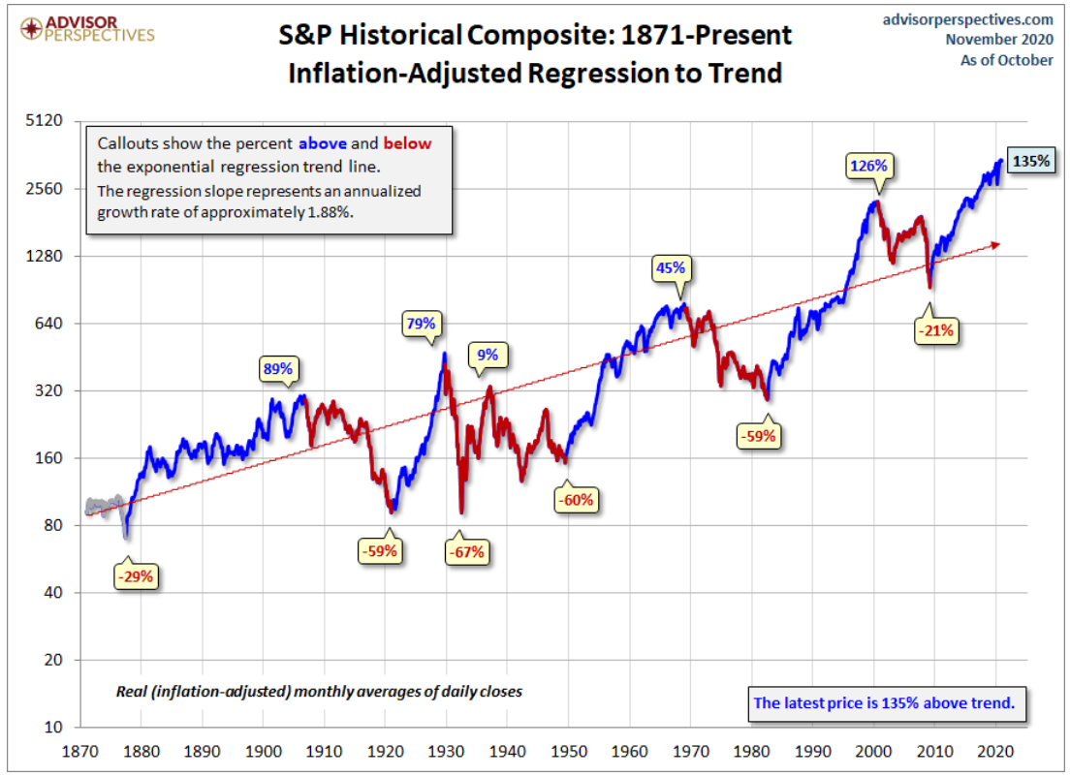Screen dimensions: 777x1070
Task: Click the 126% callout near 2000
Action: click(867, 165)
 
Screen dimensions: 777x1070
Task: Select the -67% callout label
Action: click(466, 552)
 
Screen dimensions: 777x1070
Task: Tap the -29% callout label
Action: click(135, 576)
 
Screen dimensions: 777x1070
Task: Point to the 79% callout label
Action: click(422, 324)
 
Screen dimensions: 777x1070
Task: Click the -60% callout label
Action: click(575, 500)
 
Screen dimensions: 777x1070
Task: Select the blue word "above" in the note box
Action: click(322, 143)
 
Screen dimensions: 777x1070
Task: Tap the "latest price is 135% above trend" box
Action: click(884, 702)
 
